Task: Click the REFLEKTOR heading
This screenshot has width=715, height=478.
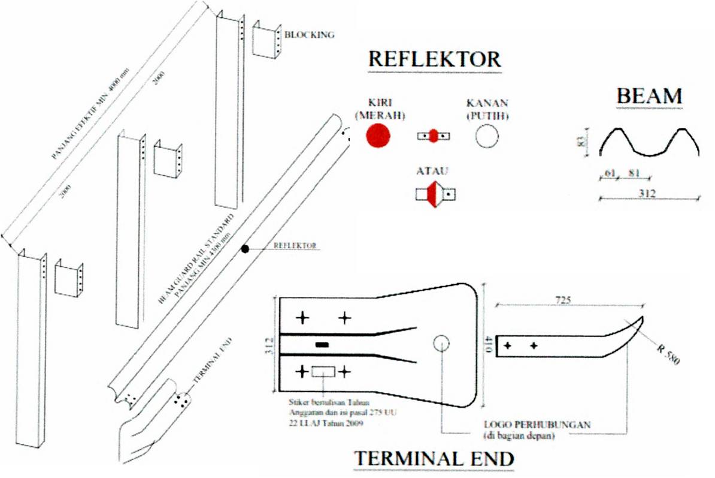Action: pos(434,59)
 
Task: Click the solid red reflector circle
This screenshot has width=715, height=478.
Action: pos(378,136)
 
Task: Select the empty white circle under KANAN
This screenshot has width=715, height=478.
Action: pos(487,136)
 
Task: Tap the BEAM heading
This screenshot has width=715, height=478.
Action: pos(650,96)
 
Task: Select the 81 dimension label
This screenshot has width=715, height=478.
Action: pos(634,174)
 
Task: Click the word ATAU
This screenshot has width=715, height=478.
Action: pos(432,172)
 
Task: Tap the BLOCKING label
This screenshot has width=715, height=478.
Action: pos(309,35)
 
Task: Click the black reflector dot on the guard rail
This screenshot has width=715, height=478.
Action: pos(244,249)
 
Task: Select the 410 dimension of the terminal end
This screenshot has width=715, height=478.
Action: pos(489,344)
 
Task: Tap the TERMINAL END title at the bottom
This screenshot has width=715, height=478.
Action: pos(435,459)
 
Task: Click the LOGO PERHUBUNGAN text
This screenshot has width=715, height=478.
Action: pos(537,425)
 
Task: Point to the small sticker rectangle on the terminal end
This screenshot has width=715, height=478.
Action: pos(323,371)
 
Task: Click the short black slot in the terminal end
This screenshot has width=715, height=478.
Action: pos(322,345)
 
